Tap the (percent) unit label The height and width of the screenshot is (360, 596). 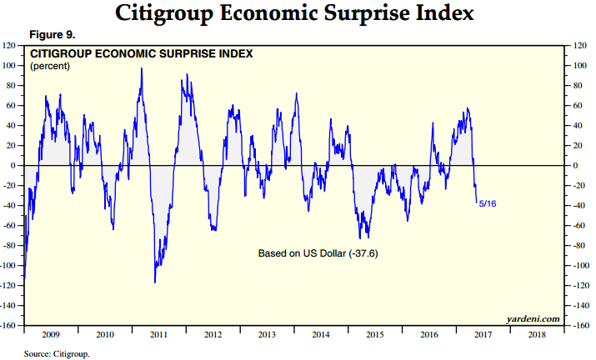[x=51, y=67]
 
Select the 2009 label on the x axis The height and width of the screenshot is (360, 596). [x=52, y=333]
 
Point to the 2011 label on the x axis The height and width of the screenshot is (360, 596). [x=159, y=333]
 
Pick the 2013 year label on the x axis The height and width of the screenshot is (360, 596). [x=267, y=333]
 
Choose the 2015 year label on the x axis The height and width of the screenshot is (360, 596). [x=375, y=333]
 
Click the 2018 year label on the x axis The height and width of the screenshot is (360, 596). [x=537, y=333]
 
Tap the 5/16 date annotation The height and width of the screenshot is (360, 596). [x=488, y=202]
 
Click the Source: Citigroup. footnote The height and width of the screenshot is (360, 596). [x=58, y=353]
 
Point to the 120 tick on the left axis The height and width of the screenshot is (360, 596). [x=12, y=45]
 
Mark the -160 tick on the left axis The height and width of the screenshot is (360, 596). [x=11, y=325]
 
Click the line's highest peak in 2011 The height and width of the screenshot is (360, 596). [x=141, y=68]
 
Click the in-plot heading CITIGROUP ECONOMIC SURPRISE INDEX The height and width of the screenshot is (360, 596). [x=141, y=54]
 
